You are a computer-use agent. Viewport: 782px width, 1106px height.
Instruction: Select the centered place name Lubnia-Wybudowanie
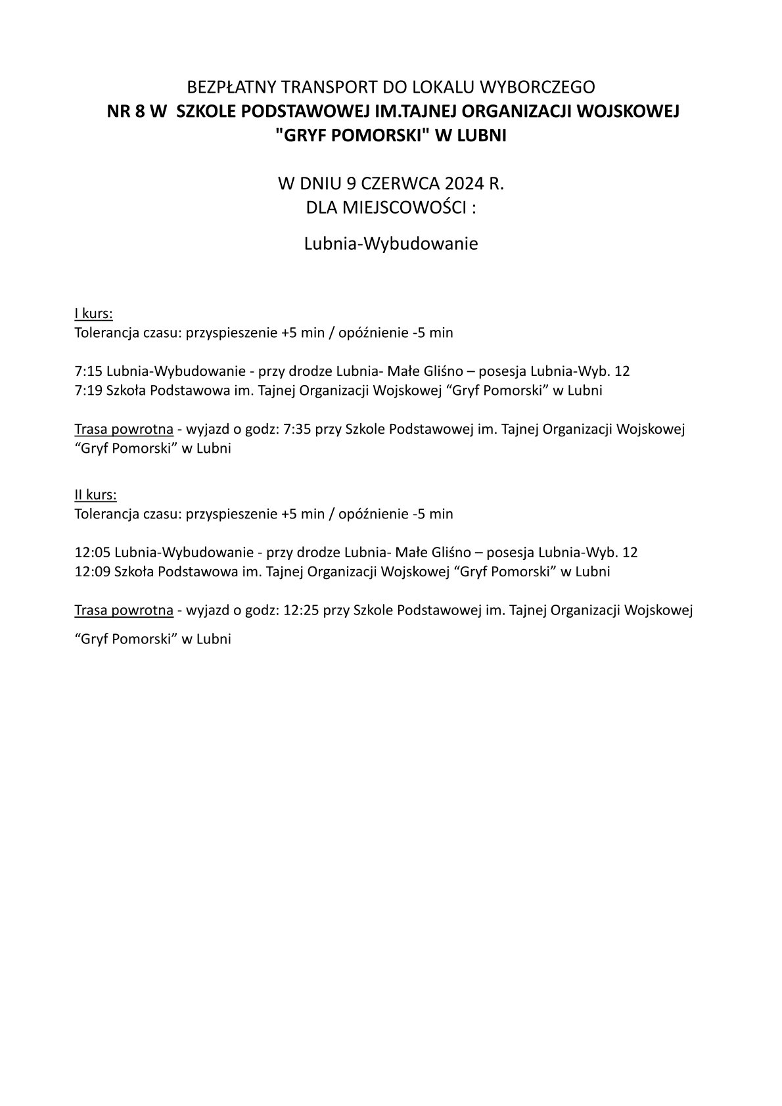click(391, 244)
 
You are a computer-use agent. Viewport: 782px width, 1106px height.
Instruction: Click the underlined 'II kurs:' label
click(96, 494)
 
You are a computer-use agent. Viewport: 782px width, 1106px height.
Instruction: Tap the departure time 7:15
click(89, 371)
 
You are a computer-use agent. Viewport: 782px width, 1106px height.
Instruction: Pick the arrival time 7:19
click(89, 390)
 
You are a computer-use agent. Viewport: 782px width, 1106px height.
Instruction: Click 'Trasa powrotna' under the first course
click(124, 430)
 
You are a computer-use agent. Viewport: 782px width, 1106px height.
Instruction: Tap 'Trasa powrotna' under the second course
click(124, 611)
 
